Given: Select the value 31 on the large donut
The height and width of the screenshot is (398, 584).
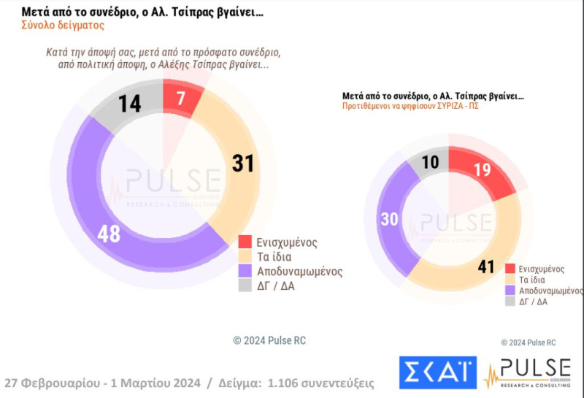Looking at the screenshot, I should pos(242,164).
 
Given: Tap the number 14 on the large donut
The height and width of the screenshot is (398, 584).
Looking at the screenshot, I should pos(130,104).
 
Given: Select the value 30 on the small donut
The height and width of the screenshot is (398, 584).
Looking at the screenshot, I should pos(388,219).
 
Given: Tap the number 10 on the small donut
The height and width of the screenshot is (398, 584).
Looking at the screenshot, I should pos(431,163).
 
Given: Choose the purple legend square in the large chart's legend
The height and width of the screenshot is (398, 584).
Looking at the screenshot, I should pos(245,270).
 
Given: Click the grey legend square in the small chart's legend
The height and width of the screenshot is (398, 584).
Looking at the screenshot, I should pos(511,301).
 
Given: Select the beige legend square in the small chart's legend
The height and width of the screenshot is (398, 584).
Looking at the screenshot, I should pos(511,280).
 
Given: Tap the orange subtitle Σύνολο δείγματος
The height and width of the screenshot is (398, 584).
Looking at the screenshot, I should pos(63,26).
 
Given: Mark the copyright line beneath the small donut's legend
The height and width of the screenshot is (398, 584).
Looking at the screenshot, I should pos(529,342).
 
